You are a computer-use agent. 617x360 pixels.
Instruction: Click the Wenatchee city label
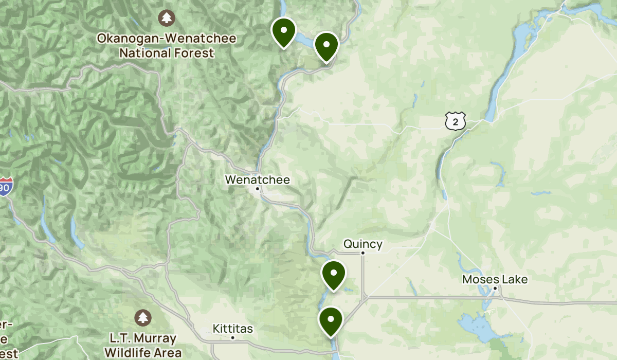coord(257,180)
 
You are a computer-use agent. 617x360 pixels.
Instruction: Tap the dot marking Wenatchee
coord(258,189)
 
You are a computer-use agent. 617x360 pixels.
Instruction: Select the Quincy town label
coord(363,244)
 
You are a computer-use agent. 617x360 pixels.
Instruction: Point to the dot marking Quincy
coord(362,253)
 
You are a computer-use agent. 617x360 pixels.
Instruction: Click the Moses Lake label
coord(487,280)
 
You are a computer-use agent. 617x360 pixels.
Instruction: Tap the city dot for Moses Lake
coord(495,289)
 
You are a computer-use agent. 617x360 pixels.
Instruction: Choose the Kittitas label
coord(232,329)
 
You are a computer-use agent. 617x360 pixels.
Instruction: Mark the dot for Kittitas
coord(232,338)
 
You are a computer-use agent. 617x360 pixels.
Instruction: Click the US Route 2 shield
coord(456,121)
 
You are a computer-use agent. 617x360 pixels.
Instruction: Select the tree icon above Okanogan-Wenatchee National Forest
coord(167,18)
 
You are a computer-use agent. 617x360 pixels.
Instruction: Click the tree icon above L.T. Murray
coord(143,317)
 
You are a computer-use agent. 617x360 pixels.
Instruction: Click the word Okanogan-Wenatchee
coord(167,39)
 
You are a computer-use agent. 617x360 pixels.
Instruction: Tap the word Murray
coord(155,339)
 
